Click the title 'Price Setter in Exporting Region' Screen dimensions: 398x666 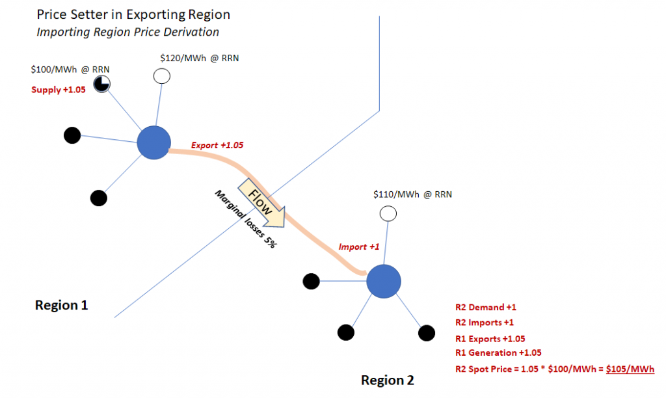133,14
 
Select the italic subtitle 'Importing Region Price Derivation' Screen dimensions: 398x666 128,31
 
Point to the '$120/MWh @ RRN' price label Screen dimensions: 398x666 199,58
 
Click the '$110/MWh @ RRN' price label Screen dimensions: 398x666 412,194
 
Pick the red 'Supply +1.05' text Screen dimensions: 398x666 59,90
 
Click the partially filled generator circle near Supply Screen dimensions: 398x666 101,83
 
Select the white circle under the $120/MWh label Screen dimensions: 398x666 161,77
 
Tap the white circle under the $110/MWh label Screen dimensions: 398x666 388,213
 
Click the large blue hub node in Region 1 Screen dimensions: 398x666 153,142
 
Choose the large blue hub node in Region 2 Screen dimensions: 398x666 383,281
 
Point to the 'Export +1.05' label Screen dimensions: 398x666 217,145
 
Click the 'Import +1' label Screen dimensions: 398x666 358,247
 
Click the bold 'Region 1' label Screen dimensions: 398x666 61,305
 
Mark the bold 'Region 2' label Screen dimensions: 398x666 388,380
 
